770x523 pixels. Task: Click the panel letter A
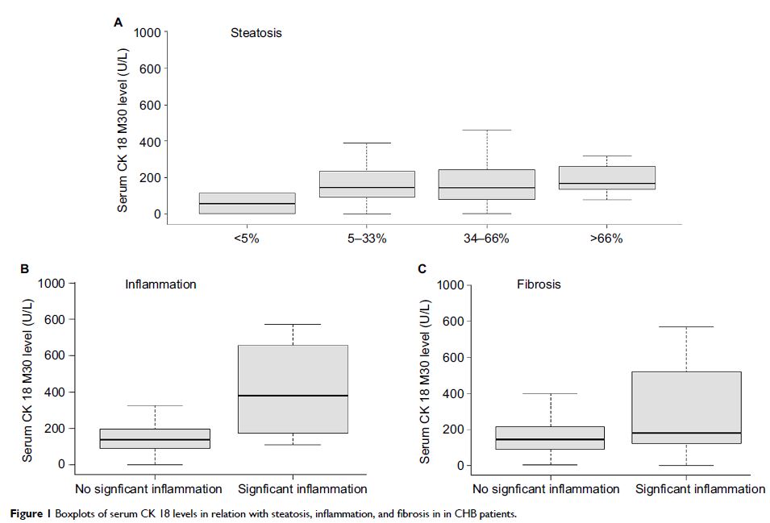(119, 23)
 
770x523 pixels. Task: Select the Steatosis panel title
(256, 33)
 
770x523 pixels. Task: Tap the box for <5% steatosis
(247, 203)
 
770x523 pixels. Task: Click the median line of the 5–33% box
(367, 187)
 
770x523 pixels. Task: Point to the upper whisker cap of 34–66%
(487, 130)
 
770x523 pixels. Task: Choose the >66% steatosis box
(607, 178)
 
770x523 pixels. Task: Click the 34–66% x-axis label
(487, 239)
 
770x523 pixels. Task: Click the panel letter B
(25, 268)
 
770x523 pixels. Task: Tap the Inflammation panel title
(160, 284)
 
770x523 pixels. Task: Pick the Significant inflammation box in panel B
(293, 389)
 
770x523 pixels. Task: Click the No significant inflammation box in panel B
(155, 438)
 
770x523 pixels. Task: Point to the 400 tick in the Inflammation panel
(53, 392)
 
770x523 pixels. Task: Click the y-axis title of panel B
(27, 374)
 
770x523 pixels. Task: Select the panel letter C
(422, 268)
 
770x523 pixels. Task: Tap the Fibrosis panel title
(539, 284)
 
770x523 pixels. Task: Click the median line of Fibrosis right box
(686, 433)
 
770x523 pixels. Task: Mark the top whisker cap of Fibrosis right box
(686, 326)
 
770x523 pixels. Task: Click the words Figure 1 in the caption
(28, 513)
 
